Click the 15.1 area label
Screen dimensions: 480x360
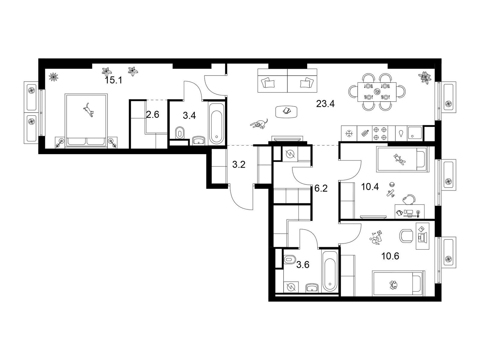click(x=113, y=80)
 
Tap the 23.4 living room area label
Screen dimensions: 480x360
click(x=325, y=104)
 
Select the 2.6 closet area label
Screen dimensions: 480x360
click(x=152, y=115)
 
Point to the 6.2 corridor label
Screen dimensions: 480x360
click(x=321, y=188)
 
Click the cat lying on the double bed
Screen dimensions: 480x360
click(x=88, y=110)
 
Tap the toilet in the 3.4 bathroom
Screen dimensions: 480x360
click(x=180, y=133)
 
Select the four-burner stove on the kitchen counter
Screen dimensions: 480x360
click(x=380, y=133)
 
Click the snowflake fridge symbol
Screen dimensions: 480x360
click(x=349, y=133)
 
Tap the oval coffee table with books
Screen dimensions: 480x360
click(x=286, y=112)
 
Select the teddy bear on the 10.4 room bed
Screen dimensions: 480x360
click(x=399, y=159)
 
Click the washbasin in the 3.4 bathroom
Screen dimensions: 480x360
click(x=199, y=140)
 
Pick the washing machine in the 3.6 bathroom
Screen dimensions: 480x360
click(x=291, y=286)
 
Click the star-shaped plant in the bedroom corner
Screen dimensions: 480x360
click(x=53, y=77)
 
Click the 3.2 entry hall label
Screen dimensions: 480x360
click(x=238, y=165)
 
